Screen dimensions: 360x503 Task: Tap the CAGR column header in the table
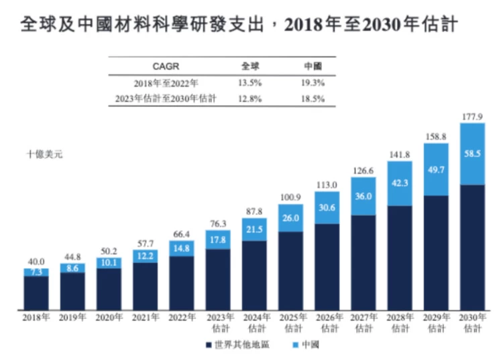[x=166, y=67]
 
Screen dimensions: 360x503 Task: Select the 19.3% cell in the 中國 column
[x=313, y=83]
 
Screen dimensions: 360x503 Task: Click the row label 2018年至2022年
[x=166, y=83]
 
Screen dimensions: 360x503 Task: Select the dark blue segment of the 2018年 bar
[x=36, y=293]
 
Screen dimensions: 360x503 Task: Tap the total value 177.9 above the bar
[x=472, y=117]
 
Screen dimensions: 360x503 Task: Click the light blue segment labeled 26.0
[x=290, y=218]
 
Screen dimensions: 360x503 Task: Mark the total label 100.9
[x=290, y=198]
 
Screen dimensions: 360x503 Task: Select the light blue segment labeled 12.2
[x=145, y=255]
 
